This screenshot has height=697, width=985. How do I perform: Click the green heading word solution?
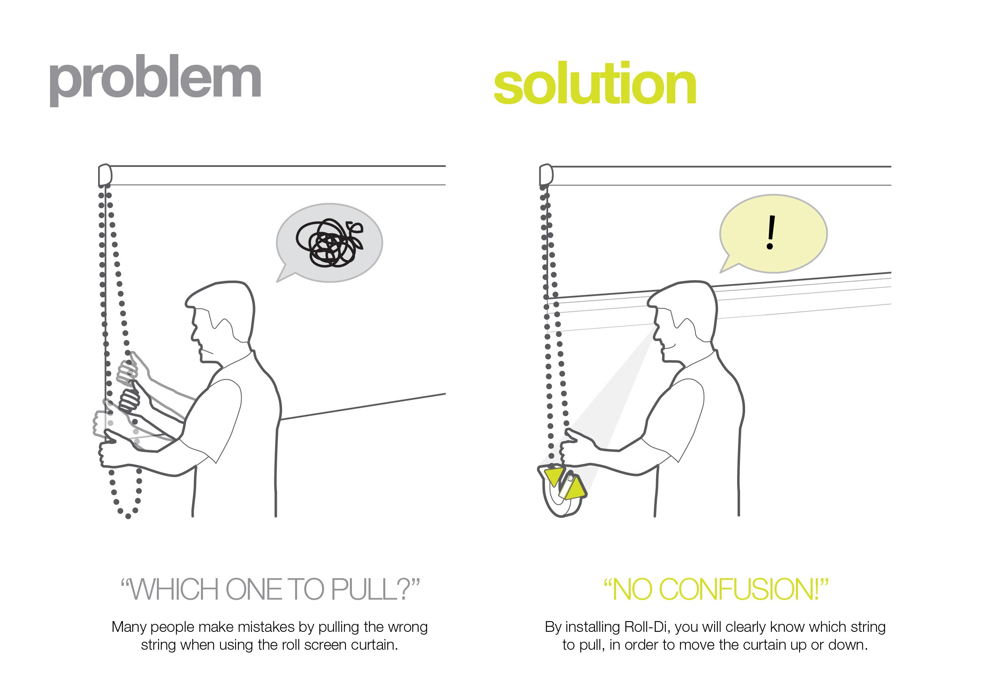pyautogui.click(x=595, y=84)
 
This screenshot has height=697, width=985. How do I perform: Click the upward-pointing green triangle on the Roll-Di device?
pyautogui.click(x=575, y=489)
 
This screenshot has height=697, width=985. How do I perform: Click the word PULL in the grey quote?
pyautogui.click(x=365, y=590)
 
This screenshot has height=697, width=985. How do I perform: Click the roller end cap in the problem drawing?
pyautogui.click(x=105, y=175)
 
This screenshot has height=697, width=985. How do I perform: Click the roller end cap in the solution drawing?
pyautogui.click(x=546, y=175)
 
